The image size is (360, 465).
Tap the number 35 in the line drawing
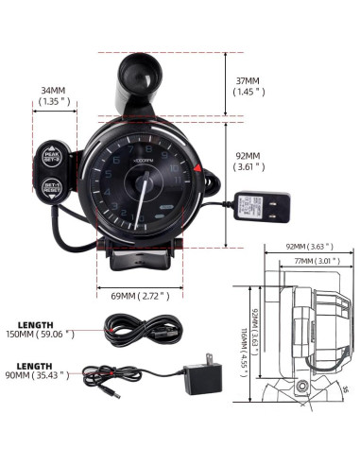coord(347,387)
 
